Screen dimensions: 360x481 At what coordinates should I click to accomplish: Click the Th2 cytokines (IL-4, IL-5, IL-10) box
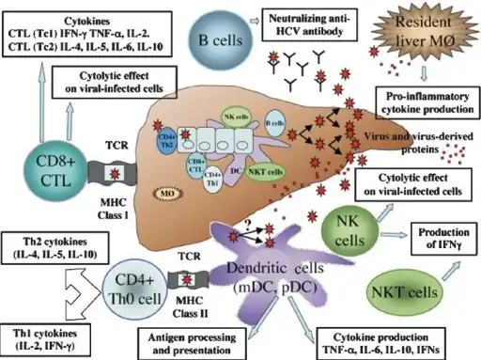(x=50, y=246)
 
